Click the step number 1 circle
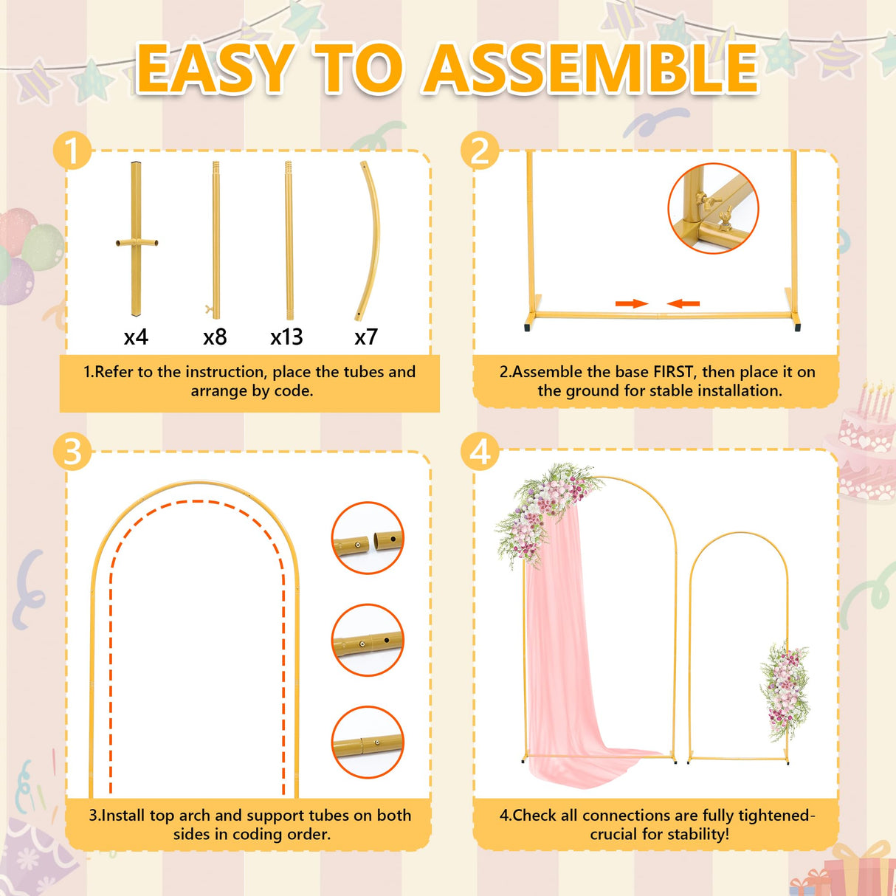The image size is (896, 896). point(72,152)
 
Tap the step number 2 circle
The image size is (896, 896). point(480,151)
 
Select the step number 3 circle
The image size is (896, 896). point(72,451)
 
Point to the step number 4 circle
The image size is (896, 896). point(480,451)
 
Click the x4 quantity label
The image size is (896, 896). point(136,337)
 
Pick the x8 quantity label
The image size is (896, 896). point(215,337)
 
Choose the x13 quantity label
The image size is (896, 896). point(286,337)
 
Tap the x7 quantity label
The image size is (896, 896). point(366,337)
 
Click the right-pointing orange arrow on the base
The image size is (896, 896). point(631,303)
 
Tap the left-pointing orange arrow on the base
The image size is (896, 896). point(683,303)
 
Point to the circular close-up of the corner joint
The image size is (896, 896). point(713,208)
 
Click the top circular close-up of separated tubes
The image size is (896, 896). point(368,538)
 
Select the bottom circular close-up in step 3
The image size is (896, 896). point(368,742)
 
